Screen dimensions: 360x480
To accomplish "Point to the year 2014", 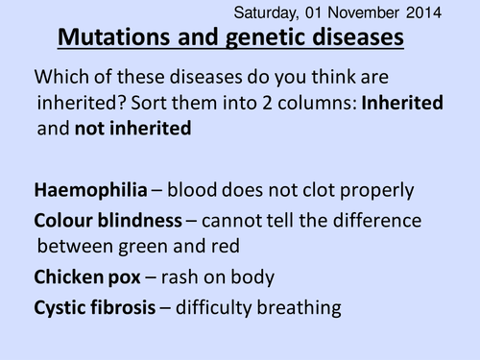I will pyautogui.click(x=425, y=12).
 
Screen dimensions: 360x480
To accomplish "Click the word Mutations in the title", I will pyautogui.click(x=113, y=39).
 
